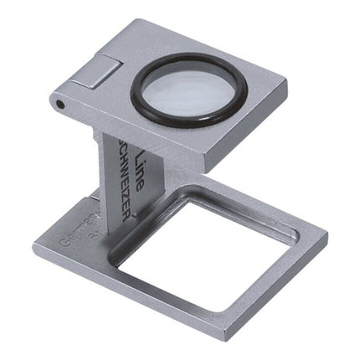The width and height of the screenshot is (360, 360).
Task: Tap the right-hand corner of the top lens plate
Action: [x=285, y=82]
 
